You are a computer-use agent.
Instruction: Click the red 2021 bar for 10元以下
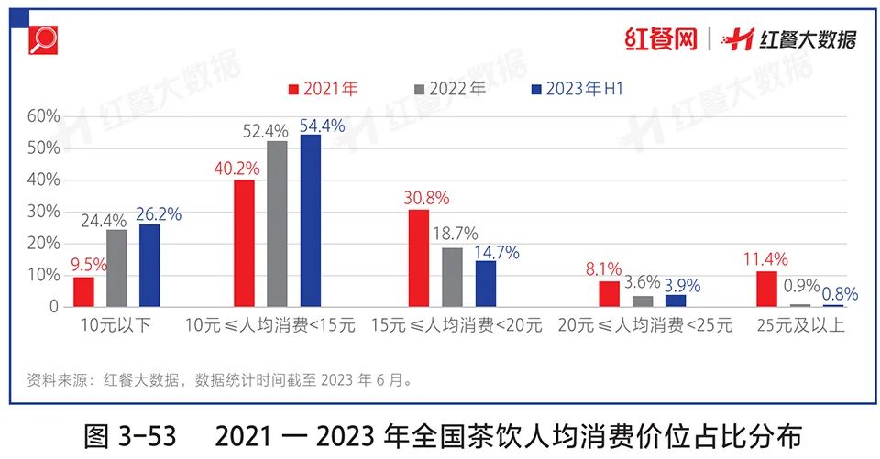(x=84, y=291)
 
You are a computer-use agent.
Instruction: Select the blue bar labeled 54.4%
(x=311, y=221)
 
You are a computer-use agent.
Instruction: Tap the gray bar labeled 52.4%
(x=278, y=224)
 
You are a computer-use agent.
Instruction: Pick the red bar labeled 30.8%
(x=418, y=258)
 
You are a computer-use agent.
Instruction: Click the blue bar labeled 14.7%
(x=485, y=283)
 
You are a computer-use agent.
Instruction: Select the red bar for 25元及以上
(x=766, y=289)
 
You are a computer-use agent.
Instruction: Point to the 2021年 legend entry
(x=323, y=89)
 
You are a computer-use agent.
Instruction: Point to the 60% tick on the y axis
(x=43, y=116)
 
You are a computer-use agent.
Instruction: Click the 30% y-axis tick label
(x=43, y=212)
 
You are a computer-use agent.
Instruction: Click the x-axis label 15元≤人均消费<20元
(x=456, y=325)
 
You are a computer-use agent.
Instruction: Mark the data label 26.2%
(x=159, y=214)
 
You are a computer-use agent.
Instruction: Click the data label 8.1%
(x=603, y=269)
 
